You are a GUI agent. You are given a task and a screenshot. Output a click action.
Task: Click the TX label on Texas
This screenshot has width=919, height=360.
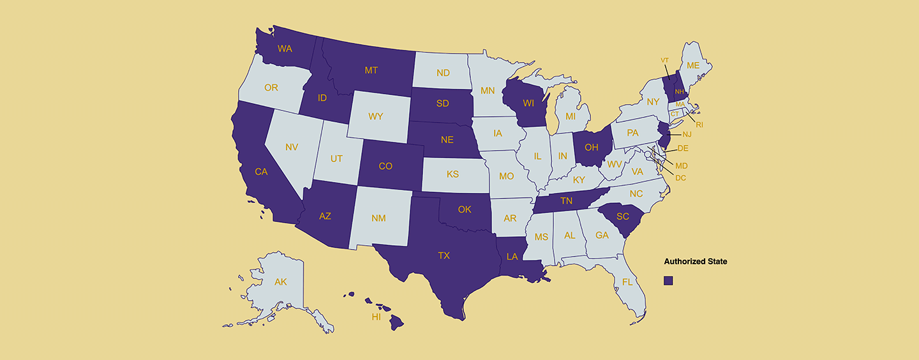444,255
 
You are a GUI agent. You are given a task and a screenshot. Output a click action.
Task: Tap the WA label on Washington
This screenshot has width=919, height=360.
285,49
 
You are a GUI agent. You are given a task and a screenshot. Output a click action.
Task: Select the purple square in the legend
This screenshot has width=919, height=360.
668,280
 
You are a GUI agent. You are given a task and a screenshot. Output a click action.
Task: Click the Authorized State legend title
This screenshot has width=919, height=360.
695,261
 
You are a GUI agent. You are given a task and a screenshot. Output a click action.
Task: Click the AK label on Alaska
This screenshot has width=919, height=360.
281,281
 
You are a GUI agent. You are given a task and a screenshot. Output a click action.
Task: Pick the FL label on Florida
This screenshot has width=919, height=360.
627,281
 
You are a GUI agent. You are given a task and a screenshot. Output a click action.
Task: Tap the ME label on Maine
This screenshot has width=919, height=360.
693,65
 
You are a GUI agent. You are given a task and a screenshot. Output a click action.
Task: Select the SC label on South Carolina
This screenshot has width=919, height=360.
623,216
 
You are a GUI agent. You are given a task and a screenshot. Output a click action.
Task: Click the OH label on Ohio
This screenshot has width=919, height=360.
592,147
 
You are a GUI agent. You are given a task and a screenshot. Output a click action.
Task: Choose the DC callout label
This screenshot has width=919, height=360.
680,177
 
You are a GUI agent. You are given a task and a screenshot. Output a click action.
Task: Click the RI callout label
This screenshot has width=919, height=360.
699,124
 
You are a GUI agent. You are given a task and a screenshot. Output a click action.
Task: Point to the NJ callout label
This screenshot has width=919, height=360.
687,134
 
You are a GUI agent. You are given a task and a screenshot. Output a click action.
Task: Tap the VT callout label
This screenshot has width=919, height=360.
664,60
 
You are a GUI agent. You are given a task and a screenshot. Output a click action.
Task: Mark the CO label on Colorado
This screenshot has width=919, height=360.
385,166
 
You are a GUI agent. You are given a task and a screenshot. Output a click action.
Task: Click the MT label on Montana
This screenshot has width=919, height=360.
371,70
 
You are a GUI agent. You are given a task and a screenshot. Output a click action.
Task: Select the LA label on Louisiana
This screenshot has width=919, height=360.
512,257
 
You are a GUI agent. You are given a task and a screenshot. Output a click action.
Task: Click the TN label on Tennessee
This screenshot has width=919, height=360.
566,200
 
